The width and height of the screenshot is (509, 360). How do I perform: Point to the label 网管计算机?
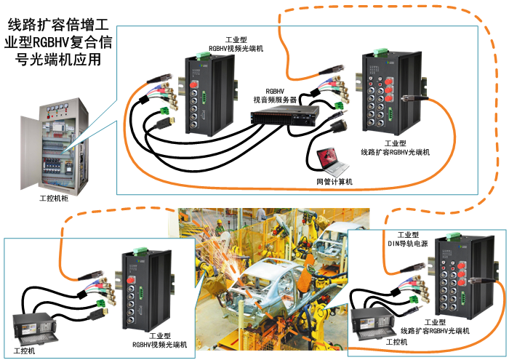(x=334, y=181)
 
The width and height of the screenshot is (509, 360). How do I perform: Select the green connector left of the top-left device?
(x=165, y=113)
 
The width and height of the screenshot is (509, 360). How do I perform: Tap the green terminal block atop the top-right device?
(x=381, y=52)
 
